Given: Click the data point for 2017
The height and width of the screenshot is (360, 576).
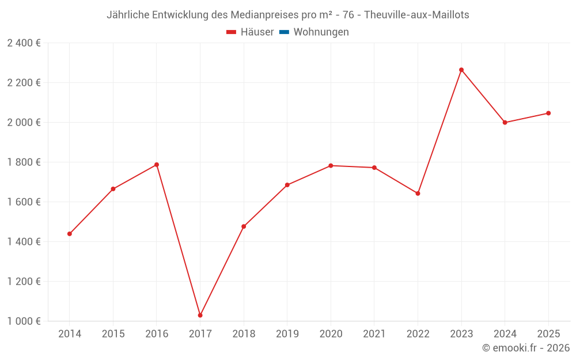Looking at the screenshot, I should point(200,315).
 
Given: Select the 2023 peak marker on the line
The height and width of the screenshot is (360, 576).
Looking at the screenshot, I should point(461,70).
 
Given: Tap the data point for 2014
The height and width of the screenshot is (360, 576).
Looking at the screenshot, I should point(70,234).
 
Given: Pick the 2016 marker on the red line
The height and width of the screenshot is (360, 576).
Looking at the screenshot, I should point(157,165).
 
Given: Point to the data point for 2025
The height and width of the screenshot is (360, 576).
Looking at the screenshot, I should point(548,113).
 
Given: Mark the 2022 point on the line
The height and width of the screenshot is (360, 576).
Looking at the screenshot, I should point(418,194).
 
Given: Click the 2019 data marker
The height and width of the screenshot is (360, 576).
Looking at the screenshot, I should point(287,185).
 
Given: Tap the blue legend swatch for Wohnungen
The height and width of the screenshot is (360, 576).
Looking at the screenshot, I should point(284,32).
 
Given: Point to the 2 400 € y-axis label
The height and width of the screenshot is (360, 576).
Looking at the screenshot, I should point(24,43).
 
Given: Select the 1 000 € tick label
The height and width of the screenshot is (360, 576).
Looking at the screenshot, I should point(24,321).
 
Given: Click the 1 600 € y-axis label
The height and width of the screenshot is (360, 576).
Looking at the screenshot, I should point(24,202).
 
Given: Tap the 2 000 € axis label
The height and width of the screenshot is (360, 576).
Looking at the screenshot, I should point(24,123).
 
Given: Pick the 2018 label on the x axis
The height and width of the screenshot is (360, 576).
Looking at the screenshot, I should point(244,334).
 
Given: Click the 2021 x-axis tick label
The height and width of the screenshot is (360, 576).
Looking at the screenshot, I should point(374,334).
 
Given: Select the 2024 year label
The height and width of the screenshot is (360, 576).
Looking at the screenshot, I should point(505,334).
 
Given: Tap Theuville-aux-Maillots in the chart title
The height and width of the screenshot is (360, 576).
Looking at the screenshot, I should point(416,15).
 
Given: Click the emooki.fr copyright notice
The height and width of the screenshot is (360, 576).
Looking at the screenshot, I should point(526,348).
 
